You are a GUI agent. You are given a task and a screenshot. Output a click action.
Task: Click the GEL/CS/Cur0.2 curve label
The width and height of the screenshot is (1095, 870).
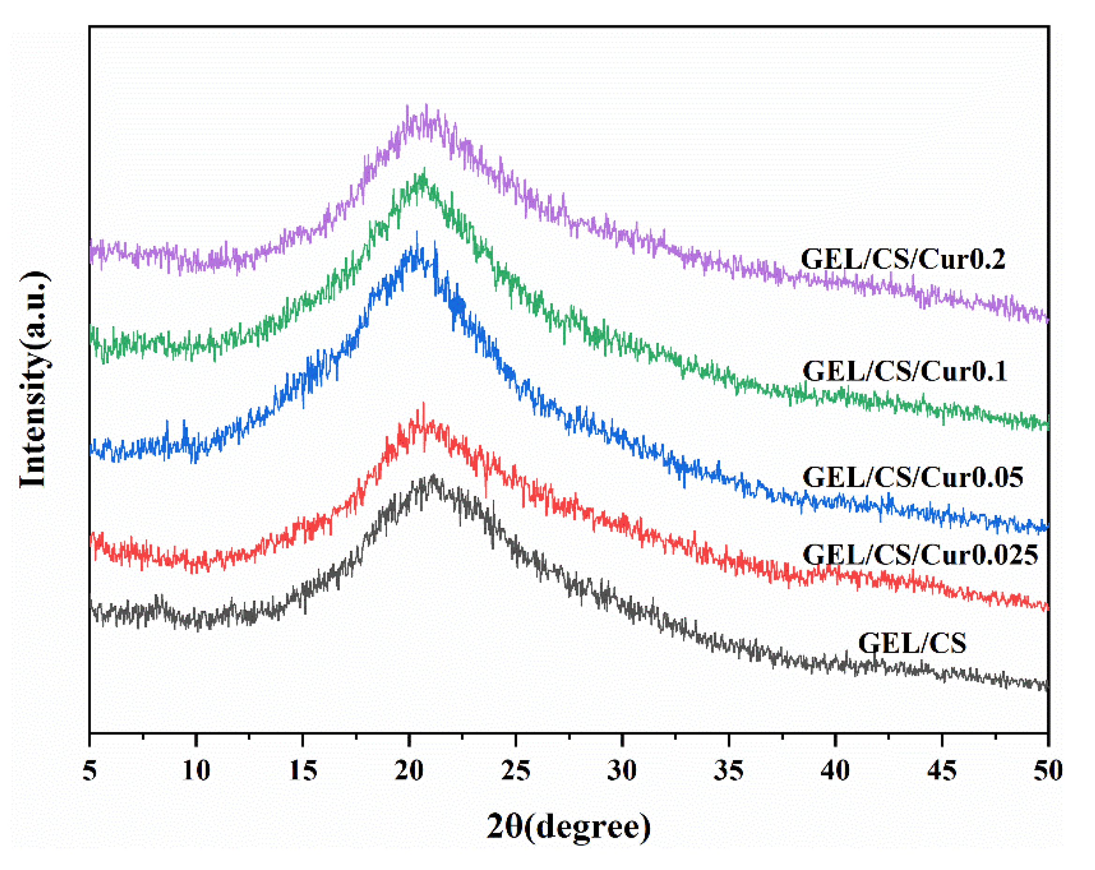tap(902, 259)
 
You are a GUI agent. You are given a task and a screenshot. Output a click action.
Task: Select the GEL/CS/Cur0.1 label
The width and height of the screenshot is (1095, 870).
tap(905, 371)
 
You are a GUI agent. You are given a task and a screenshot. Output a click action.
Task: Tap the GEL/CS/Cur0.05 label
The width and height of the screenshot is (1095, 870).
tap(912, 477)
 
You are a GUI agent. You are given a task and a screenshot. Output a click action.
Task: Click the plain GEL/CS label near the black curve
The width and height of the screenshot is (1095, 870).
tap(912, 643)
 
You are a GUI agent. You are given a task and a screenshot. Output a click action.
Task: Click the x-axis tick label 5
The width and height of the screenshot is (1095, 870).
tap(89, 771)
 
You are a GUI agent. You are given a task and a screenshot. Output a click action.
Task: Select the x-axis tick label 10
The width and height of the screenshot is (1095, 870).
tap(196, 771)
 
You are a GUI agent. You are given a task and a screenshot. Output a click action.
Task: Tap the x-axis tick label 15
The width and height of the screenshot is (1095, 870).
tap(303, 771)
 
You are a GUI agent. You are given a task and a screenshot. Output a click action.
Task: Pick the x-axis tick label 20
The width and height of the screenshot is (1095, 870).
tap(409, 771)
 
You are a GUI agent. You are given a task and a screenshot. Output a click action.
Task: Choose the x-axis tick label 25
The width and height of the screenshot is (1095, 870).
tap(515, 771)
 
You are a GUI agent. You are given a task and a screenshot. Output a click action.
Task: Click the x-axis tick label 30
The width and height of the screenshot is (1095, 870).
tap(622, 771)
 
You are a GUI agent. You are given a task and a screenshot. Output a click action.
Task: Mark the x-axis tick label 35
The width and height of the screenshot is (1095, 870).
tap(728, 771)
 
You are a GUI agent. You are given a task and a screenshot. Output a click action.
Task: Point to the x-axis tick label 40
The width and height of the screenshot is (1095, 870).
tap(835, 771)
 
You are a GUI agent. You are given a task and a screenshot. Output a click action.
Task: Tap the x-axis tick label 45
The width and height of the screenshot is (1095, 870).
tap(942, 771)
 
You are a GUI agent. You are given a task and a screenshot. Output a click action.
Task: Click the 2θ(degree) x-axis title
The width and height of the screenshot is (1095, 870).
tap(568, 827)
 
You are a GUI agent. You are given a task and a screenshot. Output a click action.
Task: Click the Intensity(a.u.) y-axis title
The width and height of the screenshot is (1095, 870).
tap(34, 380)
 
